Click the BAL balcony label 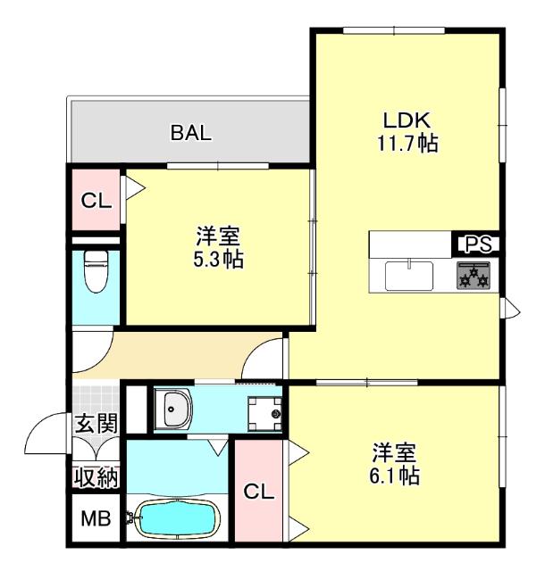[191, 134]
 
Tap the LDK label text [407, 120]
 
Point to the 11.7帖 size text [407, 143]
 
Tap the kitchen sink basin [409, 275]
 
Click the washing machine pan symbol [264, 411]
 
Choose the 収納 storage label [96, 476]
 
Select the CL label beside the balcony [96, 201]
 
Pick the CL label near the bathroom [257, 492]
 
